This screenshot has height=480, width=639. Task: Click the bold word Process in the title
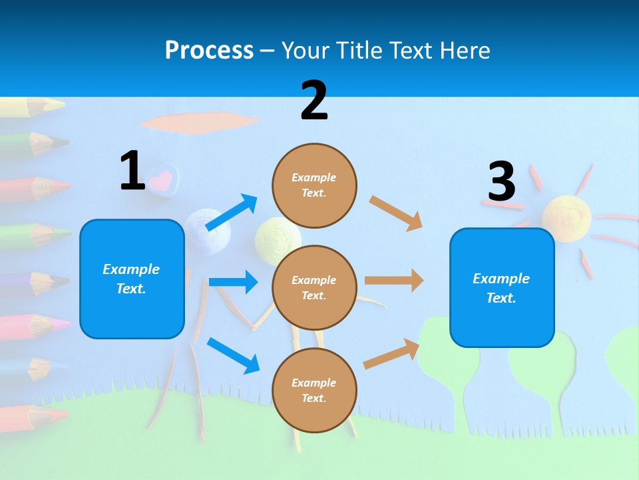209,50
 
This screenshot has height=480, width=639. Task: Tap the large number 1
132,171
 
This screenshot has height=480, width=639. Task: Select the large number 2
314,101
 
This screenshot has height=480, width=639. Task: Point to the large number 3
501,181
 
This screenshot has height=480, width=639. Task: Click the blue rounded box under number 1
132,279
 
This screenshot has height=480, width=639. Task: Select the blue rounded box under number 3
502,287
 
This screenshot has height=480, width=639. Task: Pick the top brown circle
314,185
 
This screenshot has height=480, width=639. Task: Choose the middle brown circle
314,287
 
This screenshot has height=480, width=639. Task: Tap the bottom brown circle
314,390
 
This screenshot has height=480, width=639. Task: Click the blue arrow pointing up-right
232,212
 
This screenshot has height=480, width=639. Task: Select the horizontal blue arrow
233,282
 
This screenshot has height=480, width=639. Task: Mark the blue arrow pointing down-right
233,355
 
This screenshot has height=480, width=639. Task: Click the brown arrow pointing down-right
396,213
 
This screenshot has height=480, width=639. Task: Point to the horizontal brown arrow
394,280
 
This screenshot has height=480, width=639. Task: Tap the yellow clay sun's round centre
566,215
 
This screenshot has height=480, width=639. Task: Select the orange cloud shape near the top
200,122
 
